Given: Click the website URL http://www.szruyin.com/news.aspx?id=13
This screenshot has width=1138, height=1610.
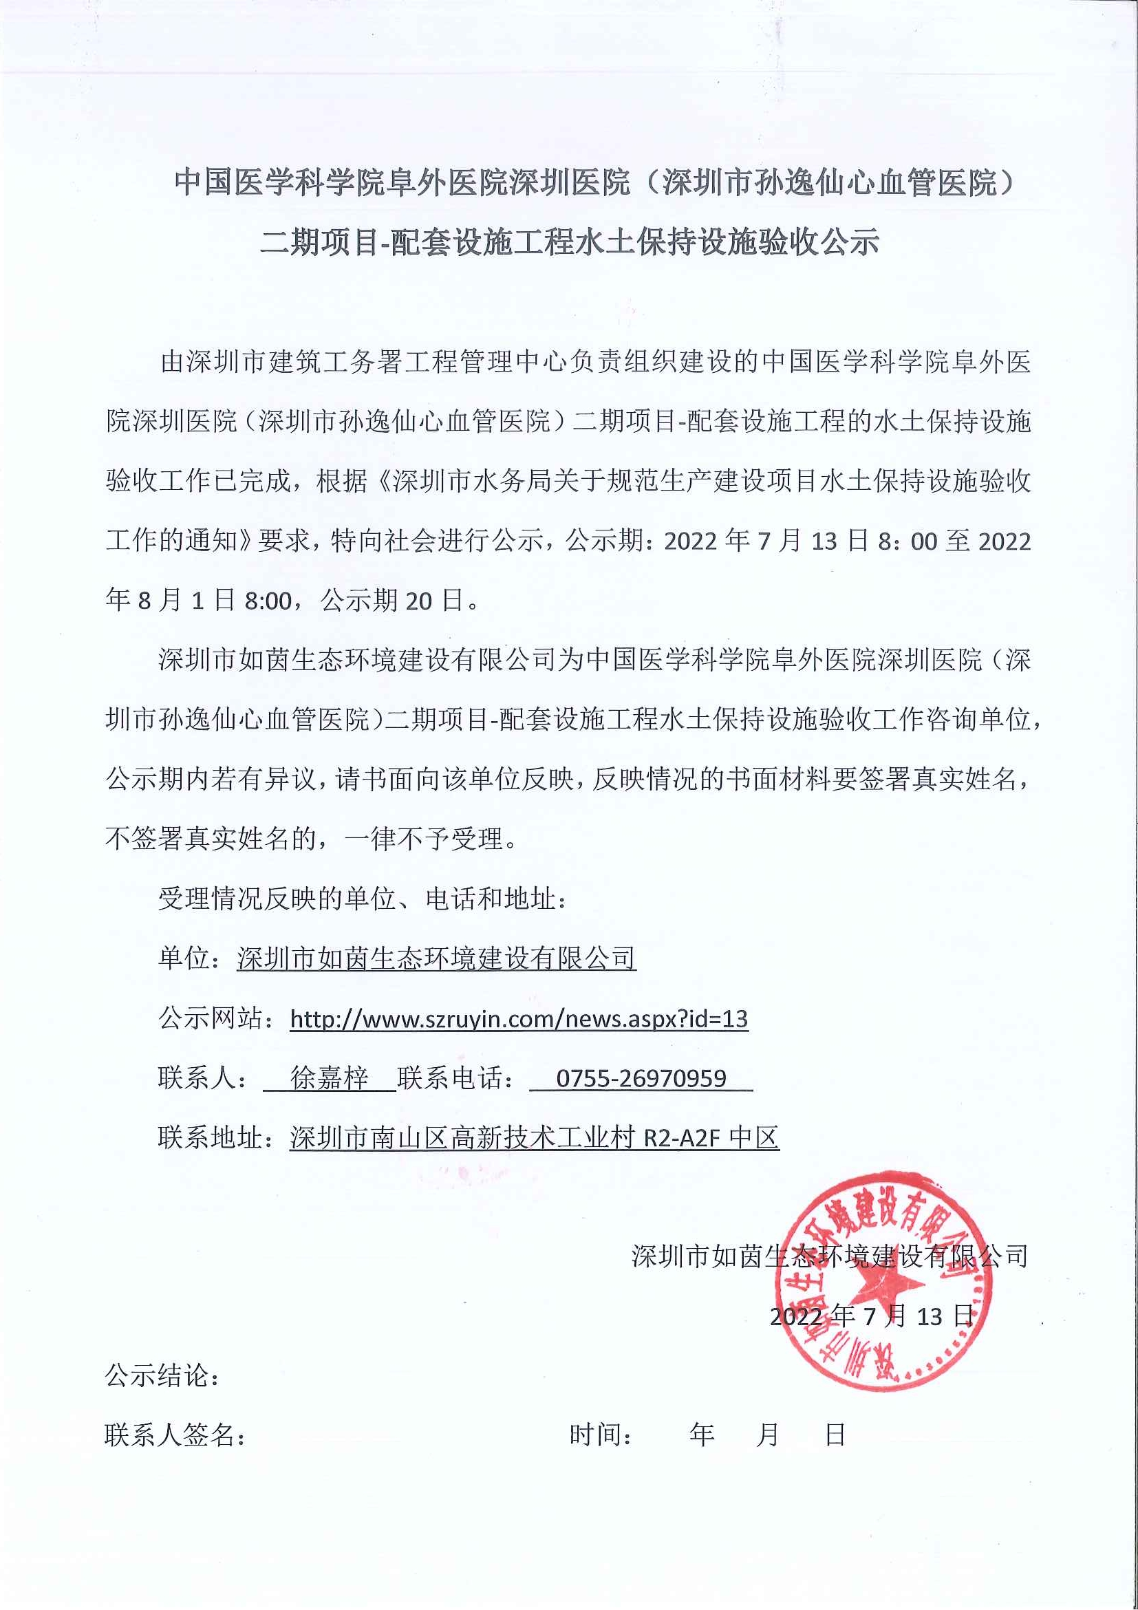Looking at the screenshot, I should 518,1018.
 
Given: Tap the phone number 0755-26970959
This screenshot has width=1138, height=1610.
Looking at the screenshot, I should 641,1077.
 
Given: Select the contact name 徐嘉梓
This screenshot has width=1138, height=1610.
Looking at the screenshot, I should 330,1077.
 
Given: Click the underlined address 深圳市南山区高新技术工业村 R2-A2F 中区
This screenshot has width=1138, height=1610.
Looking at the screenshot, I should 535,1137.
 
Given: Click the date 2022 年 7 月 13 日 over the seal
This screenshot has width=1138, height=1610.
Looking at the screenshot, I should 872,1316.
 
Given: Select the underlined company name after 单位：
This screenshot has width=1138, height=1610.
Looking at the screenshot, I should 436,958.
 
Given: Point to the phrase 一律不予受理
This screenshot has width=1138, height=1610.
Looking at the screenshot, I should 424,839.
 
